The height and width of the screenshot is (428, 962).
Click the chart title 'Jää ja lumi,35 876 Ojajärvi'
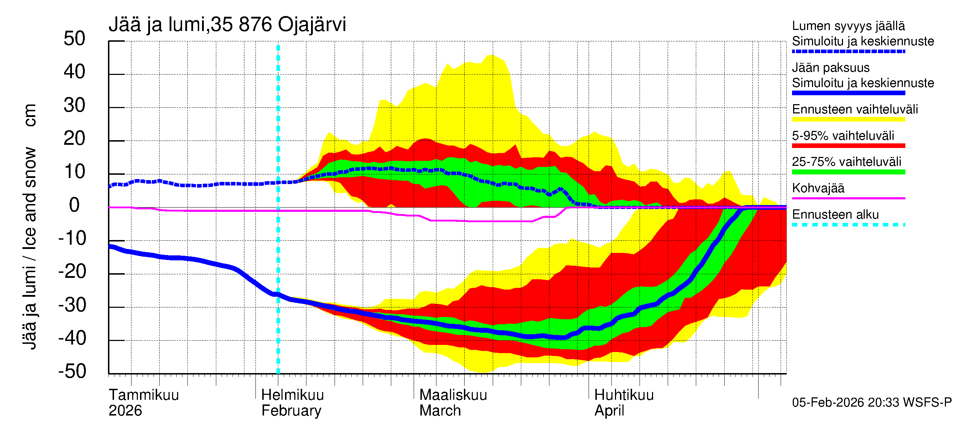[x=227, y=25]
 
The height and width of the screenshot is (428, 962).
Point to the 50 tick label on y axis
[x=74, y=39]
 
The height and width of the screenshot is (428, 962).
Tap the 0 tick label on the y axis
[x=74, y=205]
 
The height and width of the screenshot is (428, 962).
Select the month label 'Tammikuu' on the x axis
[x=144, y=395]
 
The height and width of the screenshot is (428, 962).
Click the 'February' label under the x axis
[x=291, y=411]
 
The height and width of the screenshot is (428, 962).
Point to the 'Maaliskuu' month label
[x=453, y=395]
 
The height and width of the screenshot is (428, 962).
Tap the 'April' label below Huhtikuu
[x=609, y=411]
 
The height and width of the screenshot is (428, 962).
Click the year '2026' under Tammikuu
[x=125, y=411]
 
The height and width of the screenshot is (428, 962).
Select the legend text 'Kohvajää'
[x=818, y=188]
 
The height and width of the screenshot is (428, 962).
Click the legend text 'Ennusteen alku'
[x=836, y=215]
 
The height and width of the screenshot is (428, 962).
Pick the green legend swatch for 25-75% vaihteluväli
[x=848, y=172]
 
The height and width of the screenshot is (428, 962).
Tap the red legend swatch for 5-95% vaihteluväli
[x=848, y=146]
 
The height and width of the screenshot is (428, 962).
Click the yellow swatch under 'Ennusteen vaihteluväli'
[x=848, y=119]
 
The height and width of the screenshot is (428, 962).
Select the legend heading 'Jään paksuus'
[x=831, y=68]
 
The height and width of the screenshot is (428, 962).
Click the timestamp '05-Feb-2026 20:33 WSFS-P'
[x=872, y=402]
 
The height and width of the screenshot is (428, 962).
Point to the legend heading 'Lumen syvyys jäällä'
[x=848, y=26]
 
